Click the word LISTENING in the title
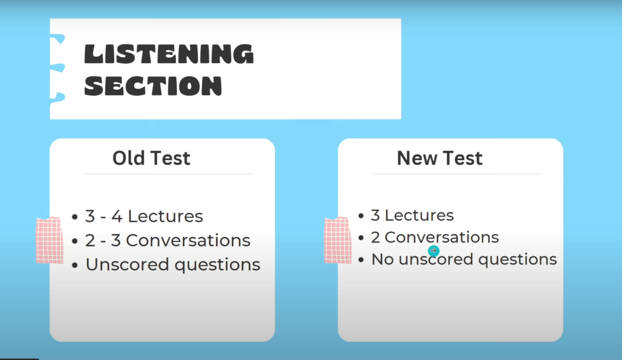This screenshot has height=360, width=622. click(x=169, y=54)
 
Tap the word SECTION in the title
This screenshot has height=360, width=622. click(x=153, y=86)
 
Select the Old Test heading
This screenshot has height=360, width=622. click(x=151, y=158)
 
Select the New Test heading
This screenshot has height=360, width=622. click(x=439, y=158)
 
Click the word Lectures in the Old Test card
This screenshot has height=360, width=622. click(x=165, y=217)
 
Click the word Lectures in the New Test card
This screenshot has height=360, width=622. click(x=419, y=215)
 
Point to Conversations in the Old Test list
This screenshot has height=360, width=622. click(x=188, y=241)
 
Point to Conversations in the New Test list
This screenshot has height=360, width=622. click(x=442, y=237)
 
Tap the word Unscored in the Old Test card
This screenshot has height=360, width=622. click(x=127, y=265)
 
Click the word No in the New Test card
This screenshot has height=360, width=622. click(x=382, y=259)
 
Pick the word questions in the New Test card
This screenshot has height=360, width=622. click(x=517, y=260)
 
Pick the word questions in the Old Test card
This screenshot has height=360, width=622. click(x=217, y=266)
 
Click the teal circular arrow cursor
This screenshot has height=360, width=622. click(x=434, y=251)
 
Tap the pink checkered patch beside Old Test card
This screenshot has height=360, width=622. click(x=50, y=240)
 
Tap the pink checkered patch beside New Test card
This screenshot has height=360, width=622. click(x=337, y=240)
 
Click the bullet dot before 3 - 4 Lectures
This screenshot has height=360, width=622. click(x=75, y=217)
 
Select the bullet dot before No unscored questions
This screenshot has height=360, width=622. click(x=361, y=260)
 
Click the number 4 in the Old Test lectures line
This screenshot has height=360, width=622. click(x=116, y=217)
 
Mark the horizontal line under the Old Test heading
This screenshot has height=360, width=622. click(x=169, y=174)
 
